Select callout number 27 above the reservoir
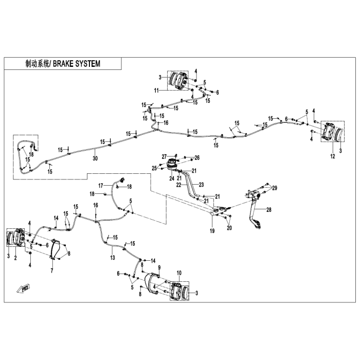coord(165,156)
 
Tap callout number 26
coord(196,157)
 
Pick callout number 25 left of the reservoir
coord(154,168)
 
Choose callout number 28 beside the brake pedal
coord(268,210)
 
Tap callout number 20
coord(229,228)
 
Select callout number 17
coord(101,185)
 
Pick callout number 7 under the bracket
coord(51,270)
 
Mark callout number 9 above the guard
coord(159,267)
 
